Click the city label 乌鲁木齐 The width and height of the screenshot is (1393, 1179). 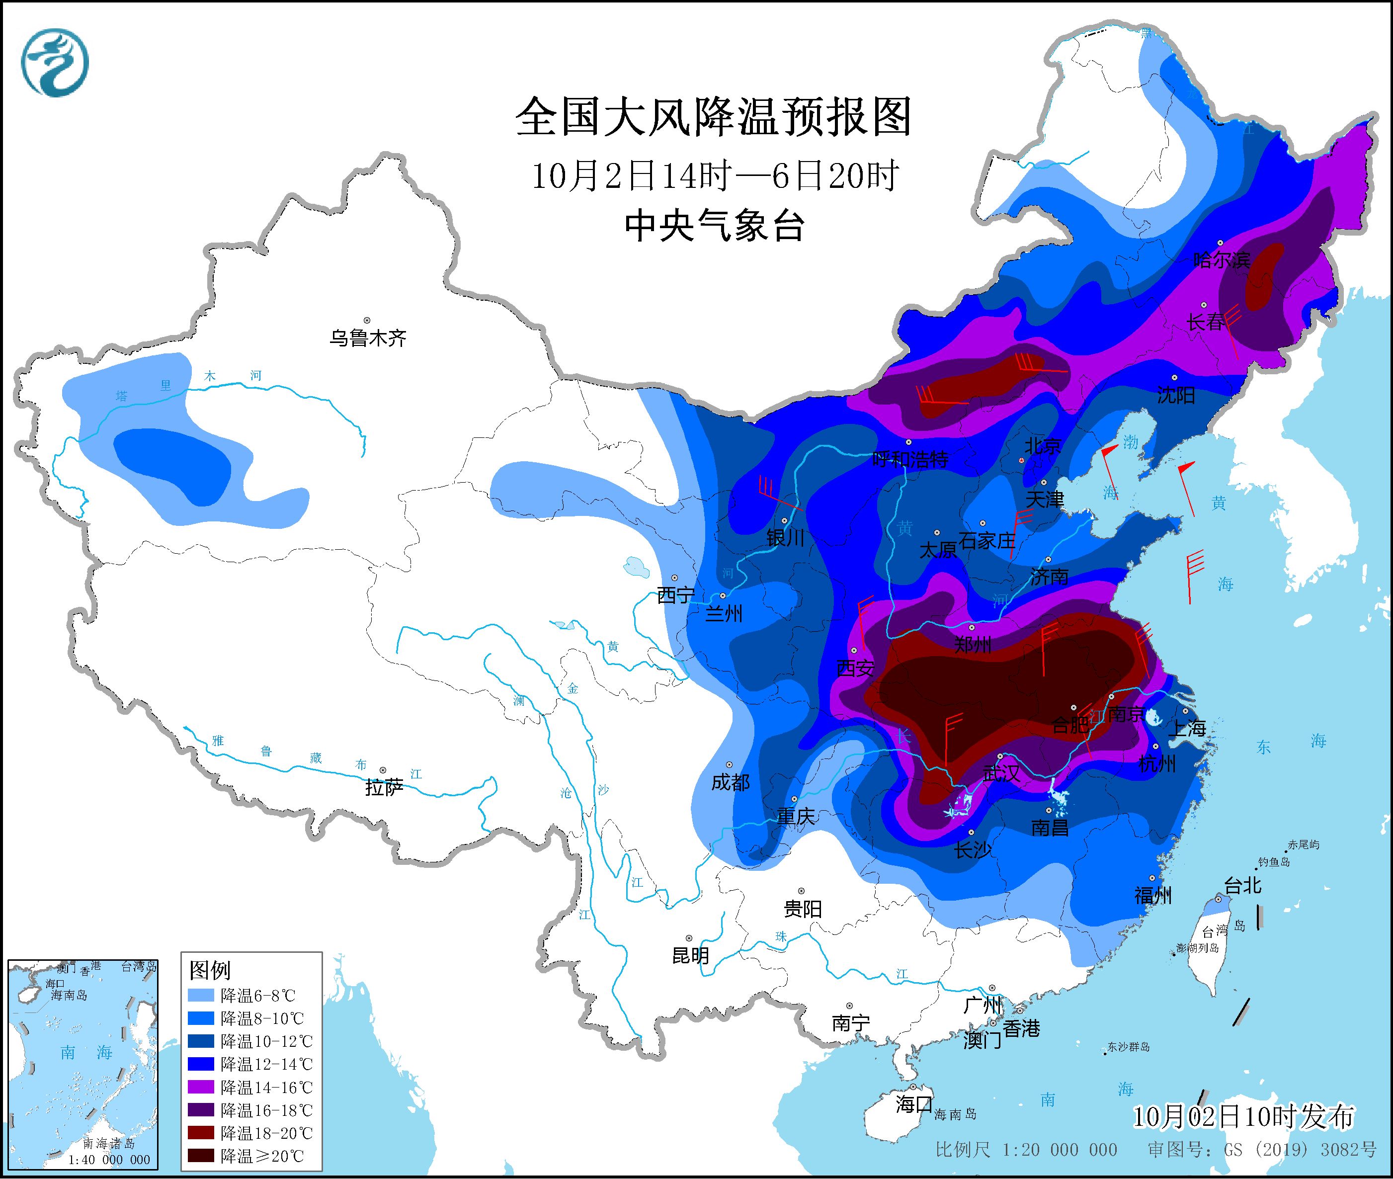click(x=367, y=338)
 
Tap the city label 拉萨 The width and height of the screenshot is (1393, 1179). click(x=384, y=787)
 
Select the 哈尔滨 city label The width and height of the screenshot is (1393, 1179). click(x=1221, y=260)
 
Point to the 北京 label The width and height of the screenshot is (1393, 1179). click(x=1042, y=446)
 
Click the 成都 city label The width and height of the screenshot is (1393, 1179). click(x=730, y=782)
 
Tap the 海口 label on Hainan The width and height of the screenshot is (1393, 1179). click(x=913, y=1104)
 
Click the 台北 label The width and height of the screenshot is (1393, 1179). click(x=1242, y=886)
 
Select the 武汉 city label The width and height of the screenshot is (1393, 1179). click(x=1001, y=773)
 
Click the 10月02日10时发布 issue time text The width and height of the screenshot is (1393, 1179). click(x=1243, y=1116)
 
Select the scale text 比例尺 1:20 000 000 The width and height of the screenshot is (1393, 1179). click(x=1026, y=1150)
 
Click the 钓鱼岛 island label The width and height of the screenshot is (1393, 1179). click(x=1273, y=862)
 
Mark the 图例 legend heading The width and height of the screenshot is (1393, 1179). click(x=210, y=970)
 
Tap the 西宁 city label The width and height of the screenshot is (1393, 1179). click(x=675, y=595)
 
